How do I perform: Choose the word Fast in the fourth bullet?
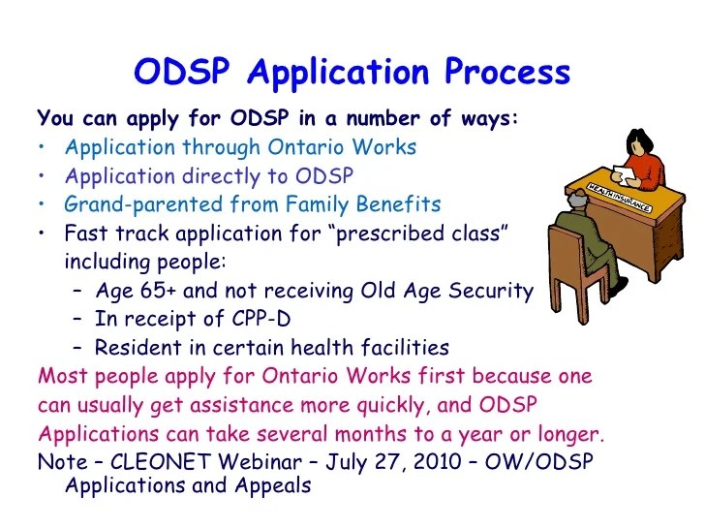(84, 233)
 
